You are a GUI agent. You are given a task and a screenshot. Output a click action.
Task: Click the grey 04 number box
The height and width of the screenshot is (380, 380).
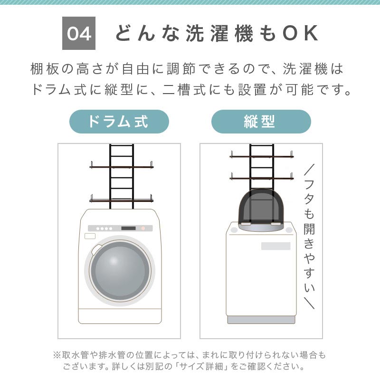pyautogui.click(x=79, y=33)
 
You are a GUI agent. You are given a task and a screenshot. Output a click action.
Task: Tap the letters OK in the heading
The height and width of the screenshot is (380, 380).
pyautogui.click(x=300, y=33)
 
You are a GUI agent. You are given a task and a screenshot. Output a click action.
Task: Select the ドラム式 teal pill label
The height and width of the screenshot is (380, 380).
pyautogui.click(x=119, y=122)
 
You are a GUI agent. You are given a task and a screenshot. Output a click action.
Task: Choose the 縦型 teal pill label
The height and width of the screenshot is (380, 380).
pyautogui.click(x=261, y=122)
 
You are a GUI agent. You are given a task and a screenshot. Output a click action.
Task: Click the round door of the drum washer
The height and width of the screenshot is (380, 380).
pyautogui.click(x=120, y=270)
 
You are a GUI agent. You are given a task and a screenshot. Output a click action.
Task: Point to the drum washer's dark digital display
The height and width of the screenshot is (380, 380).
pyautogui.click(x=128, y=228)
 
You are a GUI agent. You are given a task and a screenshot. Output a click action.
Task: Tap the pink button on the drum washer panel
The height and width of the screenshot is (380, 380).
pyautogui.click(x=143, y=228)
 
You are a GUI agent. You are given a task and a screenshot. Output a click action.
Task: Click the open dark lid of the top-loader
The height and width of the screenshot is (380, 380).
pyautogui.click(x=261, y=207)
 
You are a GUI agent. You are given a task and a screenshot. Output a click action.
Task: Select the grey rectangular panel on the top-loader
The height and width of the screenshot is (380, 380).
pyautogui.click(x=276, y=246)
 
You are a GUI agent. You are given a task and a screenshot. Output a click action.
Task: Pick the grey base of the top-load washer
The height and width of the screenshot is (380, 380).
pyautogui.click(x=261, y=320)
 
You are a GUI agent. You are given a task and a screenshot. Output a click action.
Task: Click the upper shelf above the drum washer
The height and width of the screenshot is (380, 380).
pyautogui.click(x=122, y=167)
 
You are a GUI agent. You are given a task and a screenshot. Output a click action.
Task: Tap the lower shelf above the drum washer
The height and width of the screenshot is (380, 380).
pyautogui.click(x=122, y=200)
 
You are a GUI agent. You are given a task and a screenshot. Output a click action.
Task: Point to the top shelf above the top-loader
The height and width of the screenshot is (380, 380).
pyautogui.click(x=262, y=156)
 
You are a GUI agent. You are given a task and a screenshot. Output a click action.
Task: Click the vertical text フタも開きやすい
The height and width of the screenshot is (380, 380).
pyautogui.click(x=309, y=236)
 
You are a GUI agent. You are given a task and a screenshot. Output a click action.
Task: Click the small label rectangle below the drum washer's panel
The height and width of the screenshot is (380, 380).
pyautogui.click(x=90, y=236)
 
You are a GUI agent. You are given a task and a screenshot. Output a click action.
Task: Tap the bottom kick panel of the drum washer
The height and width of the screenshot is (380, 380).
pyautogui.click(x=120, y=316)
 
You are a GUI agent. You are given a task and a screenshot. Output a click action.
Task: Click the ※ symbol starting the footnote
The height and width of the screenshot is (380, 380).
pyautogui.click(x=57, y=355)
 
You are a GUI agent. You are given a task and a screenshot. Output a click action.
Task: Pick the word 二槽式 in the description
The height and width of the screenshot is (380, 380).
pyautogui.click(x=184, y=90)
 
